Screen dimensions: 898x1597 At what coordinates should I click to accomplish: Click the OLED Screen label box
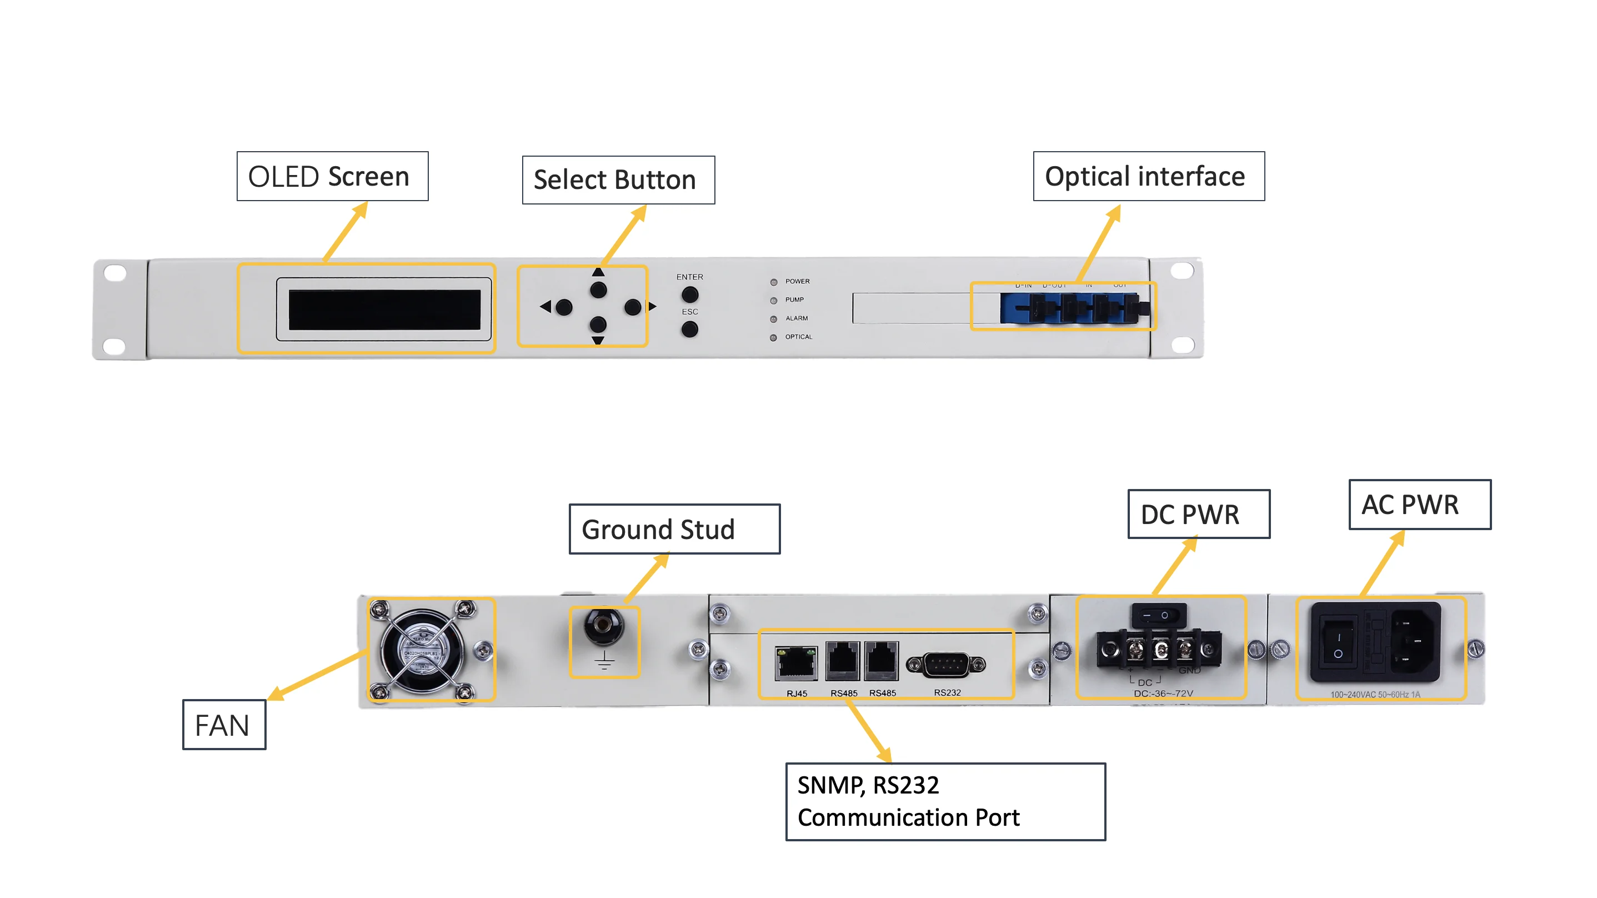tap(332, 176)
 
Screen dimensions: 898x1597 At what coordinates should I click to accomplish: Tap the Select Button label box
tap(618, 180)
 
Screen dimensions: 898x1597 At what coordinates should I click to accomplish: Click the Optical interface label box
tap(1148, 176)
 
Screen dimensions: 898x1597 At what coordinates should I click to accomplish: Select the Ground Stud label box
tap(674, 529)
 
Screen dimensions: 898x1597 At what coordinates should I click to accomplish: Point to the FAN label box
tap(224, 725)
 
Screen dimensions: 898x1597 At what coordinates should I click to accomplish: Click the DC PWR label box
tap(1198, 514)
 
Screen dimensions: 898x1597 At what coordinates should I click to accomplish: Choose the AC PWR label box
tap(1419, 504)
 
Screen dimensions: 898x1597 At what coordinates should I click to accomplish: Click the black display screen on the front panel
tap(384, 310)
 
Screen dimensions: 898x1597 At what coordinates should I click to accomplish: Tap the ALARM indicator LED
tap(773, 319)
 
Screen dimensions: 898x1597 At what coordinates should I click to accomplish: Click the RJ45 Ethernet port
tap(796, 662)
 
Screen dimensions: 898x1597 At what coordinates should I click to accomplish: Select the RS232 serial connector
tap(945, 665)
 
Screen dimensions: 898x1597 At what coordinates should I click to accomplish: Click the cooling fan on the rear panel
tap(423, 650)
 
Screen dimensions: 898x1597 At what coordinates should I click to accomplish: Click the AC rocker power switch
tap(1338, 645)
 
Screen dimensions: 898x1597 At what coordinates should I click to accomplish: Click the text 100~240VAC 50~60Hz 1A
tap(1374, 695)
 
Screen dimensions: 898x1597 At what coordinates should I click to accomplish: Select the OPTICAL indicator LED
tap(773, 338)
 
